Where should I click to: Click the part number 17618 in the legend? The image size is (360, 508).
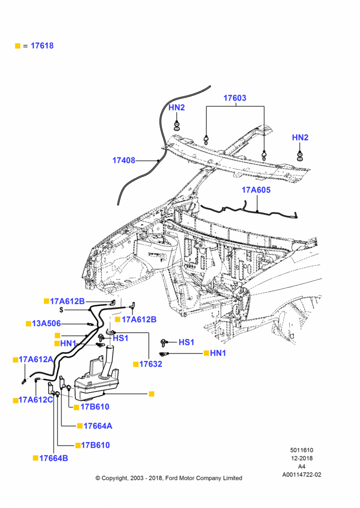click(42, 46)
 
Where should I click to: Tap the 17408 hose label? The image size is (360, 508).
click(124, 161)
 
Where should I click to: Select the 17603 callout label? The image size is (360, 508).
click(235, 98)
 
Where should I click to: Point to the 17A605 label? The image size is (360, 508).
click(256, 190)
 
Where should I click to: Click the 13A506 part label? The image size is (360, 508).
click(46, 323)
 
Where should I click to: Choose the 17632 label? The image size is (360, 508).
click(151, 364)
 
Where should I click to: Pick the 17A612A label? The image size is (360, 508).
click(36, 359)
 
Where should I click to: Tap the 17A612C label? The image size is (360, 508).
click(36, 400)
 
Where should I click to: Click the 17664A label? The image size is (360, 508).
click(98, 426)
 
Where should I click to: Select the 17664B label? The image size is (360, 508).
click(53, 458)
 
